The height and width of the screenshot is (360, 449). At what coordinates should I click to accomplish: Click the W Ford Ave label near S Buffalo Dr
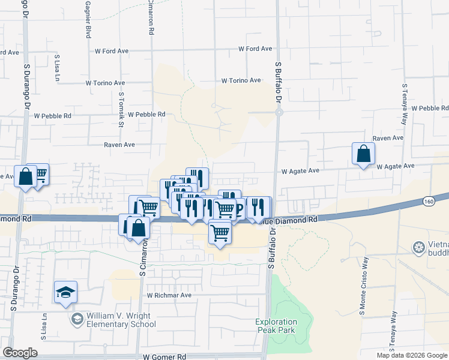click(255, 49)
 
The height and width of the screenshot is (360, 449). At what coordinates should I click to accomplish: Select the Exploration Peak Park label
click(276, 326)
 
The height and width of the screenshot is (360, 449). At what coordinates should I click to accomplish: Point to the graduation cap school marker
click(65, 292)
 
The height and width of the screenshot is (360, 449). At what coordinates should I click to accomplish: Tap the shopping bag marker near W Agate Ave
click(364, 154)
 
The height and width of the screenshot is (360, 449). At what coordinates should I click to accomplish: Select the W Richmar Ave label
click(169, 295)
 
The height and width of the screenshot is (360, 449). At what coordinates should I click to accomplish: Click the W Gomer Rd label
click(164, 356)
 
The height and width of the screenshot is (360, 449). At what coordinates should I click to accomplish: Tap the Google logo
click(20, 353)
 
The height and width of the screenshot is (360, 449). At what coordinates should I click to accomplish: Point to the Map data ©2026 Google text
click(412, 355)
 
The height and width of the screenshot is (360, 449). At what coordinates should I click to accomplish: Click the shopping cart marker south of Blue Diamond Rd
click(220, 232)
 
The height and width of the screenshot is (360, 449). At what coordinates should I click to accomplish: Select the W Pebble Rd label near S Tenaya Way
click(430, 108)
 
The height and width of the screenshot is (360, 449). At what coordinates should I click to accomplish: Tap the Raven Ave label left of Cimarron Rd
click(119, 145)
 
